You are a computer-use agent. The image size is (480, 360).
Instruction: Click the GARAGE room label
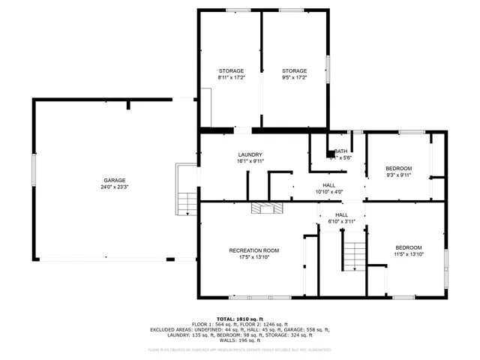(114, 181)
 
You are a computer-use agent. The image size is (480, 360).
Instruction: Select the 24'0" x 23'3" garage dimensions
(114, 187)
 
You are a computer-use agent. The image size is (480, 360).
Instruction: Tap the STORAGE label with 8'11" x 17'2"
(230, 71)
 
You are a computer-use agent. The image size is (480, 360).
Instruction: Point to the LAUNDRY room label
(250, 154)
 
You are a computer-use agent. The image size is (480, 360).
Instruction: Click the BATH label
(340, 151)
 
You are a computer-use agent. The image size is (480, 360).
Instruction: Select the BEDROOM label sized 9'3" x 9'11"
(398, 168)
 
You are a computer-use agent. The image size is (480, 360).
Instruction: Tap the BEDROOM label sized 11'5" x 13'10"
(408, 247)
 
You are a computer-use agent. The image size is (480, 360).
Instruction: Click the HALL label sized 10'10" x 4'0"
(329, 184)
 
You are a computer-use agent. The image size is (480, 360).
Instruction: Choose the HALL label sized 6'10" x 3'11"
(341, 214)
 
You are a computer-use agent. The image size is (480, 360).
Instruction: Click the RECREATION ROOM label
(253, 250)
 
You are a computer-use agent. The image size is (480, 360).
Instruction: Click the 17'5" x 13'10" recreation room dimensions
(253, 257)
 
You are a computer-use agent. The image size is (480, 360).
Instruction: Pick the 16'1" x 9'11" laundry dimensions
(250, 161)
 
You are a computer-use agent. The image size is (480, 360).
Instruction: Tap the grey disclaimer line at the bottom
(239, 349)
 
